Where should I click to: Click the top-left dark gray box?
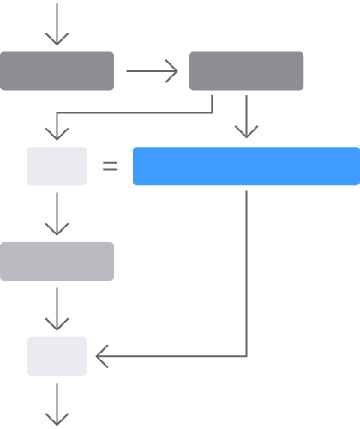pos(57,71)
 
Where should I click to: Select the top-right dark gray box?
pos(246,71)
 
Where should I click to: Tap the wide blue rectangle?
pos(246,166)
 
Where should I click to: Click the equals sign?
pos(110,166)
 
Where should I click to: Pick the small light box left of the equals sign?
pos(57,166)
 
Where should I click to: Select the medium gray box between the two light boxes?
pos(57,261)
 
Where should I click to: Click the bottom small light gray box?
pos(57,356)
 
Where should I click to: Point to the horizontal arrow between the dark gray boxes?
pos(151,71)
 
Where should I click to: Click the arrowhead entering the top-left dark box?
pos(57,39)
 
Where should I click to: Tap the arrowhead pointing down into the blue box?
pos(246,132)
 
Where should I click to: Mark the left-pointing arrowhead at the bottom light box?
pos(101,356)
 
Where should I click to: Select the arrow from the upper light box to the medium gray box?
pos(57,214)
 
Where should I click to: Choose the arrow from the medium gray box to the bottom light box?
pos(57,309)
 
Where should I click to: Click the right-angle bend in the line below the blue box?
pos(246,356)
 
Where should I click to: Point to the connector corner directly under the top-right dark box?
pos(212,112)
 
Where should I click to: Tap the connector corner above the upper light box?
pos(57,112)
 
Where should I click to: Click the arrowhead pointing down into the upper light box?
pos(57,134)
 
